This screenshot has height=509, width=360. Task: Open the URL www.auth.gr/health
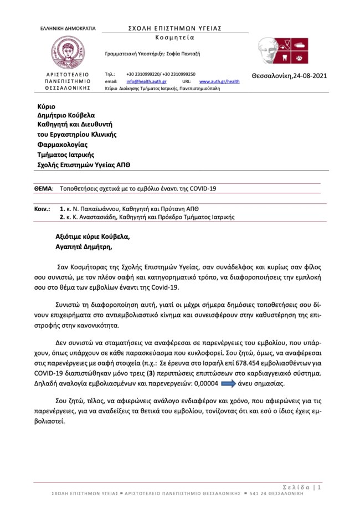(219, 81)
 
